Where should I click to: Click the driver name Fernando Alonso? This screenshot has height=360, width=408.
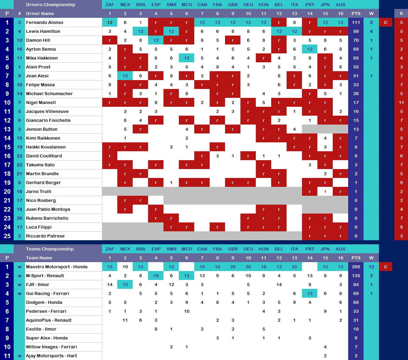[x=44, y=23]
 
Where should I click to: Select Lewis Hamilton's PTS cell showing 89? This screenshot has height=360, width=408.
[x=356, y=31]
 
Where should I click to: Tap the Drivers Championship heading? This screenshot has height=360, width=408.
[x=51, y=5]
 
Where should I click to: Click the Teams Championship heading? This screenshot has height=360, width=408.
[x=50, y=249]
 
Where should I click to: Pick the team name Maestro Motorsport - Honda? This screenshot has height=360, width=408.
[x=57, y=267]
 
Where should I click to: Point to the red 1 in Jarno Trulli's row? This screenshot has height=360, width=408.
[x=325, y=192]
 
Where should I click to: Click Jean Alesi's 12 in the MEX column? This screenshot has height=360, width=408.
[x=125, y=76]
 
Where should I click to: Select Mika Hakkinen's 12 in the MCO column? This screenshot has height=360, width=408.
[x=187, y=58]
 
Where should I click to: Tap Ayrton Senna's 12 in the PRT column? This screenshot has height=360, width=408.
[x=310, y=49]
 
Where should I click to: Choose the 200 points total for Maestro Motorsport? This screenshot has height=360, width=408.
[x=356, y=267]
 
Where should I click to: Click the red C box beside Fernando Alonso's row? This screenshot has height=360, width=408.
[x=385, y=23]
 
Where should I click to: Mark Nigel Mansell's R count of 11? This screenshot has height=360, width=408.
[x=401, y=103]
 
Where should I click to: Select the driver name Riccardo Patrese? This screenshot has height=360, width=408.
[x=45, y=236]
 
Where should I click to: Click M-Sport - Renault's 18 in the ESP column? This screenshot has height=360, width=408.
[x=156, y=276]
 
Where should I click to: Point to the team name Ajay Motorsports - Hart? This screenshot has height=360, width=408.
[x=51, y=356]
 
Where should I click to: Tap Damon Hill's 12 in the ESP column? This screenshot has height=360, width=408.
[x=156, y=40]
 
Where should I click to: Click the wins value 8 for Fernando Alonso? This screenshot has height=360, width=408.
[x=371, y=23]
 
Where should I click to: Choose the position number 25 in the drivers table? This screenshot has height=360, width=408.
[x=7, y=236]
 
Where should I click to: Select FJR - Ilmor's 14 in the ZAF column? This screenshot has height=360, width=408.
[x=110, y=285]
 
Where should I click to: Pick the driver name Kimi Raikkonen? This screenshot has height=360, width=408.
[x=43, y=138]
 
